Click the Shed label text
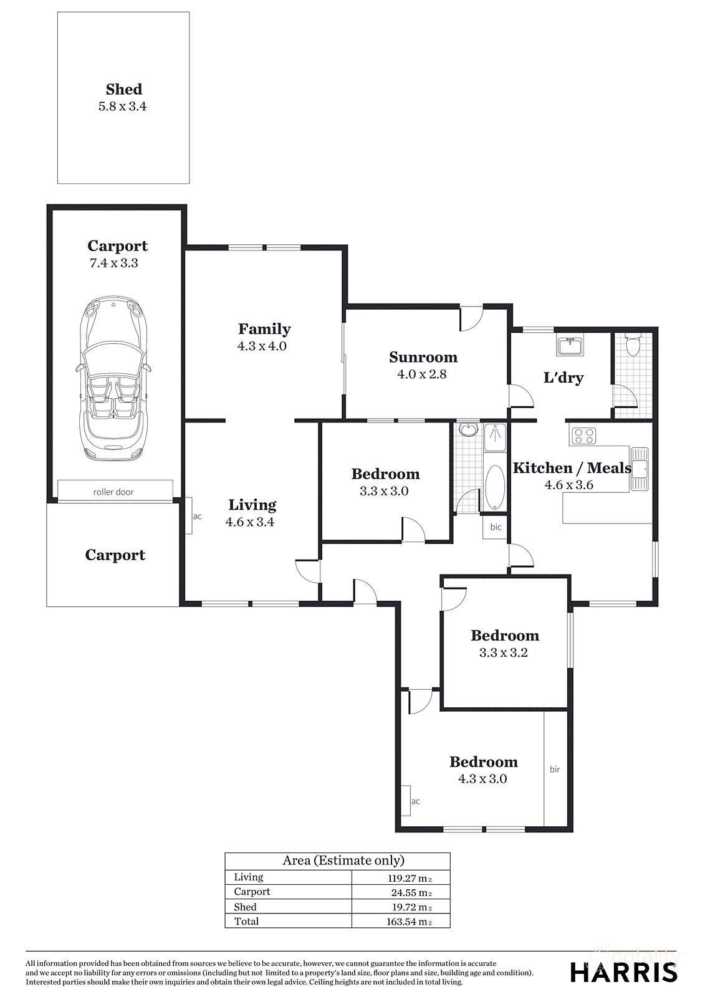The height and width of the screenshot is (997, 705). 123,89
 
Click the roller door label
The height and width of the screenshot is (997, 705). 113,492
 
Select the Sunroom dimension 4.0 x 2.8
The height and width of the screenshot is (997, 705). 422,374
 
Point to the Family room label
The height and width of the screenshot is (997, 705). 264,328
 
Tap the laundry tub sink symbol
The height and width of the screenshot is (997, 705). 570,345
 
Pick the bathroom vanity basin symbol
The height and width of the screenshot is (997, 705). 467,429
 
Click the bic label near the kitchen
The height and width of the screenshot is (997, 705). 496,527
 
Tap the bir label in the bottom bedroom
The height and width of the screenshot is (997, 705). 554,769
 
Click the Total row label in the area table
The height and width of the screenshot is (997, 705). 246,921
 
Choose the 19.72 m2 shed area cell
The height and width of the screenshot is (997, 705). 408,907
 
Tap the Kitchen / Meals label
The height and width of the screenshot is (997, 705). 572,467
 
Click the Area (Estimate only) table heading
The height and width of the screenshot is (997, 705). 343,861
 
